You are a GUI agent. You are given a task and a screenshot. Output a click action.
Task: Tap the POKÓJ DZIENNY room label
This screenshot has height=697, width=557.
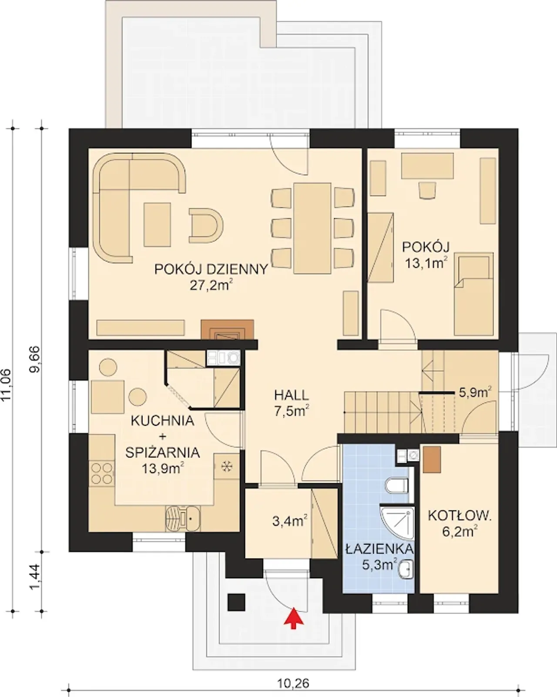point(211,269)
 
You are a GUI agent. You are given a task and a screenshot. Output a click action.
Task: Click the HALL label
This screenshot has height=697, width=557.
point(292,395)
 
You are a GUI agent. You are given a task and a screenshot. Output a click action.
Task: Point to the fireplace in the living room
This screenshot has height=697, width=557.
point(227,330)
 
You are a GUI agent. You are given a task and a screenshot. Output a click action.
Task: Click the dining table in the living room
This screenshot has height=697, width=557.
point(312,228)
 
